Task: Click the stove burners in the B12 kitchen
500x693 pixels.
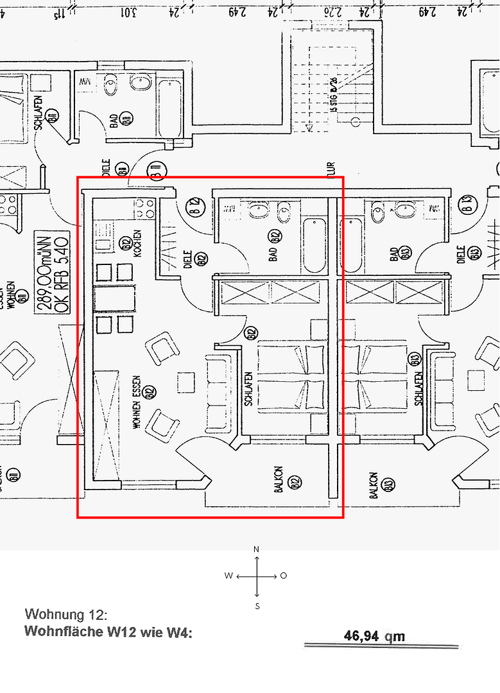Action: [x=144, y=209]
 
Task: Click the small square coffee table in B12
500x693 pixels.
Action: [x=187, y=382]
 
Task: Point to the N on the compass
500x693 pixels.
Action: [x=257, y=549]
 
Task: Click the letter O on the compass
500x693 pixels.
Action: [x=284, y=576]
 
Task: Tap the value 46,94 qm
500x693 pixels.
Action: [x=374, y=636]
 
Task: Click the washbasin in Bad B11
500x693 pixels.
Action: [x=141, y=83]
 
